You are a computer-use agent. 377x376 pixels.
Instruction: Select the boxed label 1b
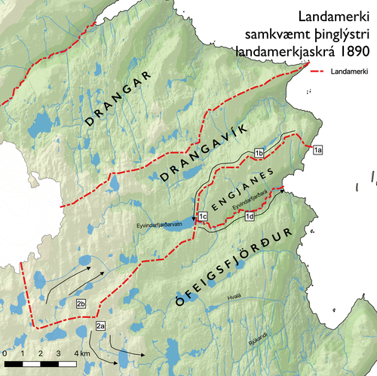258,154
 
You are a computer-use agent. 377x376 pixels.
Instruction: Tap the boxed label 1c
202,217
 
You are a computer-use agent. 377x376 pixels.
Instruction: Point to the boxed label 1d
250,217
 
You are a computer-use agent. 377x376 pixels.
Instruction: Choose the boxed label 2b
82,303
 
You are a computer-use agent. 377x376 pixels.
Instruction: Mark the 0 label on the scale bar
5,353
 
